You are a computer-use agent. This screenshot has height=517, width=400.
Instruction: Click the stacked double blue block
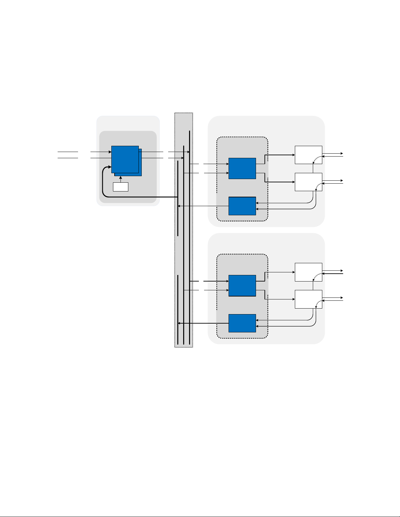(x=125, y=160)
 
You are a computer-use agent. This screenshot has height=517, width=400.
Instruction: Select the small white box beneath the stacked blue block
(x=120, y=187)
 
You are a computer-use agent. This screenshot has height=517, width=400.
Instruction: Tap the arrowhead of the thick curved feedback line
(x=110, y=167)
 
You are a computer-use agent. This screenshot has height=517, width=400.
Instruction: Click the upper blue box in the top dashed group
(x=242, y=168)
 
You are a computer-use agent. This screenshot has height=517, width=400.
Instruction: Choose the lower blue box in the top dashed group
(x=242, y=206)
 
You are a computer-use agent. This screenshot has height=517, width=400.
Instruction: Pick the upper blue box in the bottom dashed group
(x=242, y=285)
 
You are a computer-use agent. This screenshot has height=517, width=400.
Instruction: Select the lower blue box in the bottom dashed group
(x=242, y=323)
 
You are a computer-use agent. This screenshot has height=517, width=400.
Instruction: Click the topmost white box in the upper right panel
(x=308, y=155)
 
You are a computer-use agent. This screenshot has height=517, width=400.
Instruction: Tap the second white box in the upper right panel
(x=308, y=182)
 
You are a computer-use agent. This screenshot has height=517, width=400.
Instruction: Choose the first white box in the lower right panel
(x=308, y=272)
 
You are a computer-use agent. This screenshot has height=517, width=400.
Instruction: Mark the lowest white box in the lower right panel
(x=308, y=299)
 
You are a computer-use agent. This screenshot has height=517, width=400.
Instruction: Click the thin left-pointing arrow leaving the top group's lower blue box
(x=202, y=206)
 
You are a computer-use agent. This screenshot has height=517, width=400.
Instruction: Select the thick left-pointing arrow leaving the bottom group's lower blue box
(x=202, y=323)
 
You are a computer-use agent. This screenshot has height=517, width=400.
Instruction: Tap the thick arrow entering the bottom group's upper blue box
(x=216, y=281)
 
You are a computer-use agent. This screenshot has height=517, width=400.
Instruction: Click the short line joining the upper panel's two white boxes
(x=313, y=168)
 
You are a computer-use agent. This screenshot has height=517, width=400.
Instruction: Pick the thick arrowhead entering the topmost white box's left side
(x=293, y=155)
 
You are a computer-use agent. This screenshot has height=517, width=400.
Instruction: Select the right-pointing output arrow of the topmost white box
(x=333, y=153)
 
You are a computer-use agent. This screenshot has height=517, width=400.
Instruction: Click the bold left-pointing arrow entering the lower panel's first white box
(x=333, y=274)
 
